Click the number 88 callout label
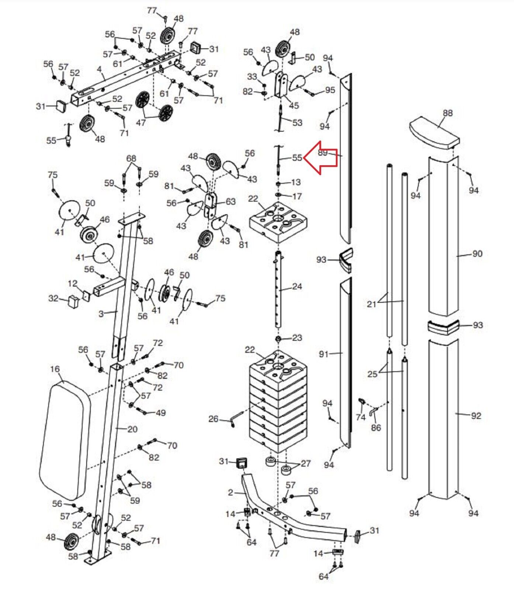[448, 113]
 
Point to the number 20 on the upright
[132, 429]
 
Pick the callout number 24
[297, 286]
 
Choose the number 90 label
[477, 254]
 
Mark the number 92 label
[476, 416]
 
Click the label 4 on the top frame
[100, 69]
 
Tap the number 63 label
[230, 202]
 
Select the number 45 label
[294, 105]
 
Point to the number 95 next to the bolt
[330, 90]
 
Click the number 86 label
[376, 428]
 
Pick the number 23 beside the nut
[297, 338]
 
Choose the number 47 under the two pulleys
[141, 122]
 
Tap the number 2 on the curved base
[230, 493]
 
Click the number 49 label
[160, 413]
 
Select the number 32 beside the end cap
[53, 298]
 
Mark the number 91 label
[323, 354]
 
